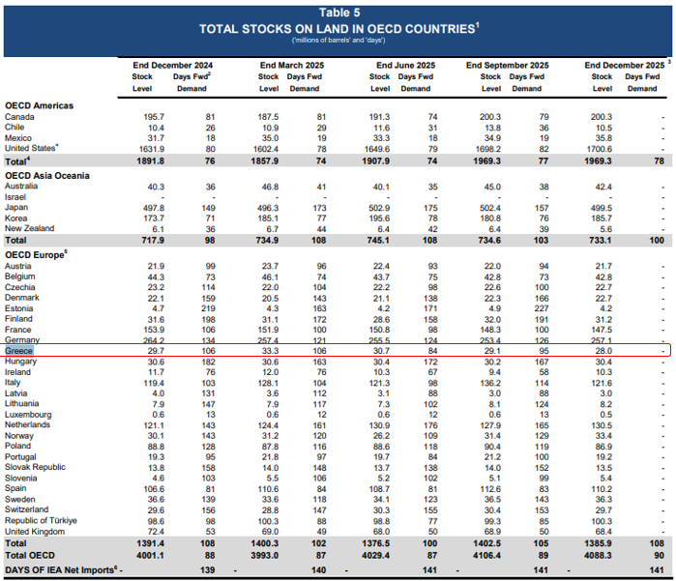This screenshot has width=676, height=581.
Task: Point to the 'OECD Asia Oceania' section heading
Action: [x=46, y=175]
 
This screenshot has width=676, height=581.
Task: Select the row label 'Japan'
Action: [x=18, y=208]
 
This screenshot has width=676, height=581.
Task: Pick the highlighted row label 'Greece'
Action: [x=20, y=350]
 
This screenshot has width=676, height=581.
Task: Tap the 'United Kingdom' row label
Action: [x=36, y=532]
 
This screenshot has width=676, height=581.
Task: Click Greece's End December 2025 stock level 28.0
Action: [x=604, y=350]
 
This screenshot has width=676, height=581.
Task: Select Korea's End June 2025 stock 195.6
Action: [x=378, y=218]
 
